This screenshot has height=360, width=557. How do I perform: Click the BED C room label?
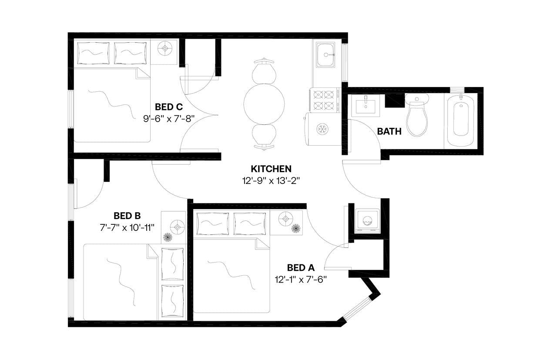[x=169, y=107]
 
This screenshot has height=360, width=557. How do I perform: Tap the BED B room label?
[x=127, y=216]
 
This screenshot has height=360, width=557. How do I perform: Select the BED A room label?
[x=301, y=268]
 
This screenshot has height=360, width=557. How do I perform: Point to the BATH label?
[x=389, y=131]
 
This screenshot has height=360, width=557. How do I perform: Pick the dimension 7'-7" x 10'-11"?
[x=127, y=227]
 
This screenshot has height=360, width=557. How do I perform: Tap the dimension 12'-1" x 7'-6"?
[x=301, y=279]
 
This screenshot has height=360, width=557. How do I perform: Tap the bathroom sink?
[x=366, y=104]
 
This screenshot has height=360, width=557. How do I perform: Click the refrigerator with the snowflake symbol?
[x=323, y=129]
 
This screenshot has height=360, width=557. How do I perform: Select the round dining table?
[x=264, y=103]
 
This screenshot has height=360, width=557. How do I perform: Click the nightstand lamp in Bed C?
[x=166, y=48]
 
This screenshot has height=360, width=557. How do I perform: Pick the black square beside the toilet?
[x=395, y=100]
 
